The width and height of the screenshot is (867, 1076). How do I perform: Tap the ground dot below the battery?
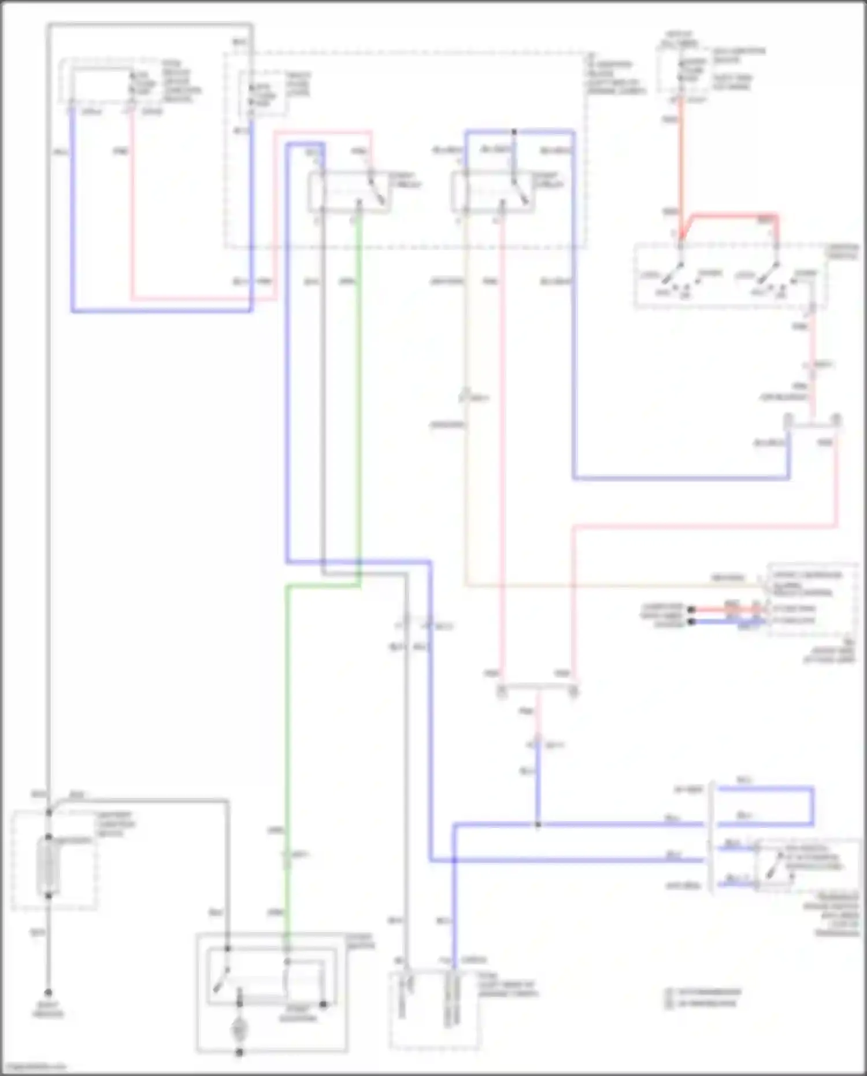click(x=49, y=992)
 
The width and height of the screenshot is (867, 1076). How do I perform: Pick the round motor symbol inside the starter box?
click(x=239, y=1029)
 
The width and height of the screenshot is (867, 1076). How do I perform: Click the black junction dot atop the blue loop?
click(x=514, y=132)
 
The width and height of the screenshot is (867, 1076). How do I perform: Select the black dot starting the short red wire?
click(x=690, y=609)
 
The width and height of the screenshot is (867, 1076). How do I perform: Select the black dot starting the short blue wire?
click(x=690, y=622)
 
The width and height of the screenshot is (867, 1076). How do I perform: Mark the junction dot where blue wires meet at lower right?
click(x=538, y=824)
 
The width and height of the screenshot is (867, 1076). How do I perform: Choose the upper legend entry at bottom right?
click(x=702, y=992)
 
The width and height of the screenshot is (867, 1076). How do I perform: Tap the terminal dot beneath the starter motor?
click(x=239, y=1053)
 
